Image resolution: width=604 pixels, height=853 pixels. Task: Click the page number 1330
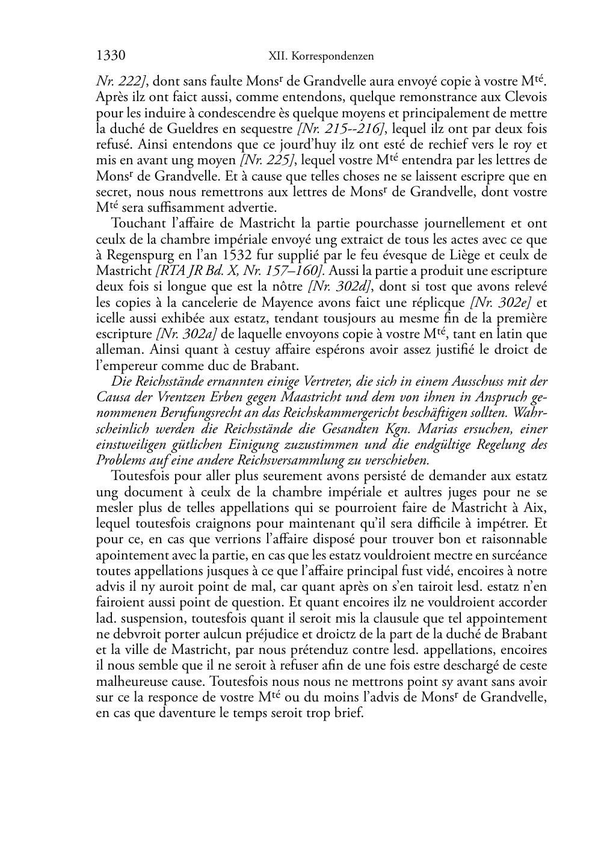(110, 56)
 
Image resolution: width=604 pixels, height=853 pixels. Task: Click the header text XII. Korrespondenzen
(321, 57)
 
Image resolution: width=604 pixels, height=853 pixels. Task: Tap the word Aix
(536, 508)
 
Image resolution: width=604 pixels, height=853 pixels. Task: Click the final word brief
(350, 714)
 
